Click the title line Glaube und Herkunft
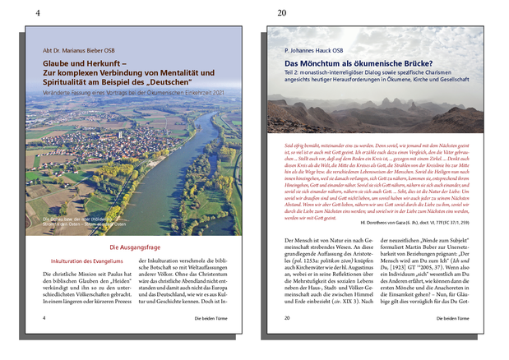81,63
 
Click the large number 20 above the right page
282,13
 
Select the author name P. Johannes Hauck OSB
319,50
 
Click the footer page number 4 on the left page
44,316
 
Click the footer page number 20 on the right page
286,316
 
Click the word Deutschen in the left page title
166,82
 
